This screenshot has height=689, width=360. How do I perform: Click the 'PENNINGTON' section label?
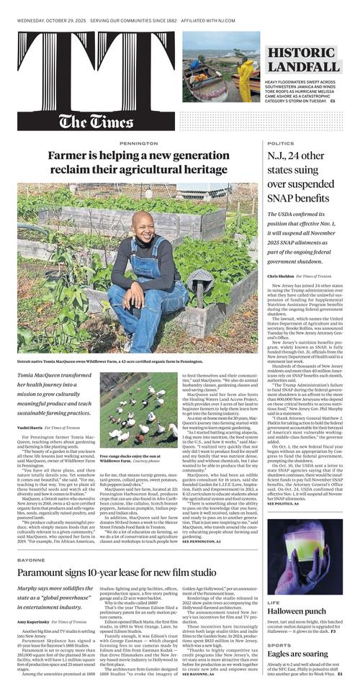[129, 143]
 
